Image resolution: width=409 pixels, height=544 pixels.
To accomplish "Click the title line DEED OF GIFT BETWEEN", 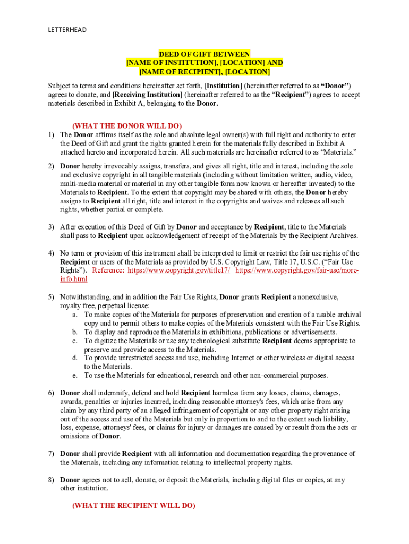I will [204, 54].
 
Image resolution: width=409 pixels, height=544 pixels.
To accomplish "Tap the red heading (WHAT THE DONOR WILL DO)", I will [127, 125].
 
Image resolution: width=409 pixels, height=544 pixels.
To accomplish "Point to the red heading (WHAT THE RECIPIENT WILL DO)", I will [133, 506].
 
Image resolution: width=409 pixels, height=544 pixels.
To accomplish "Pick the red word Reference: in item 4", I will [108, 270].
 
